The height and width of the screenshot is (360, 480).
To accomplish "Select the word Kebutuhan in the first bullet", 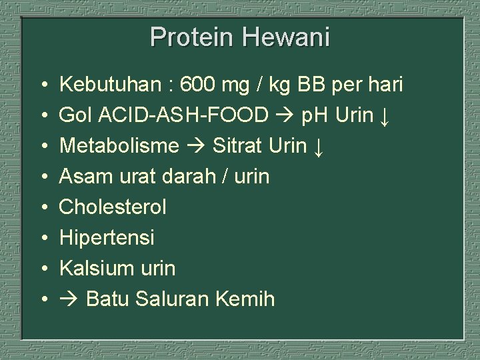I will point(106,86).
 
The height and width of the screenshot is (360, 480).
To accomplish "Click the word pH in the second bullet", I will point(316,117).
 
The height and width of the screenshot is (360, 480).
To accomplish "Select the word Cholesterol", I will point(113,207).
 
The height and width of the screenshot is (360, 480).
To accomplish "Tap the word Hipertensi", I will point(107,237).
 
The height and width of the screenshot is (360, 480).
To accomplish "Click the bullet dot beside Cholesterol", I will point(42,207).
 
